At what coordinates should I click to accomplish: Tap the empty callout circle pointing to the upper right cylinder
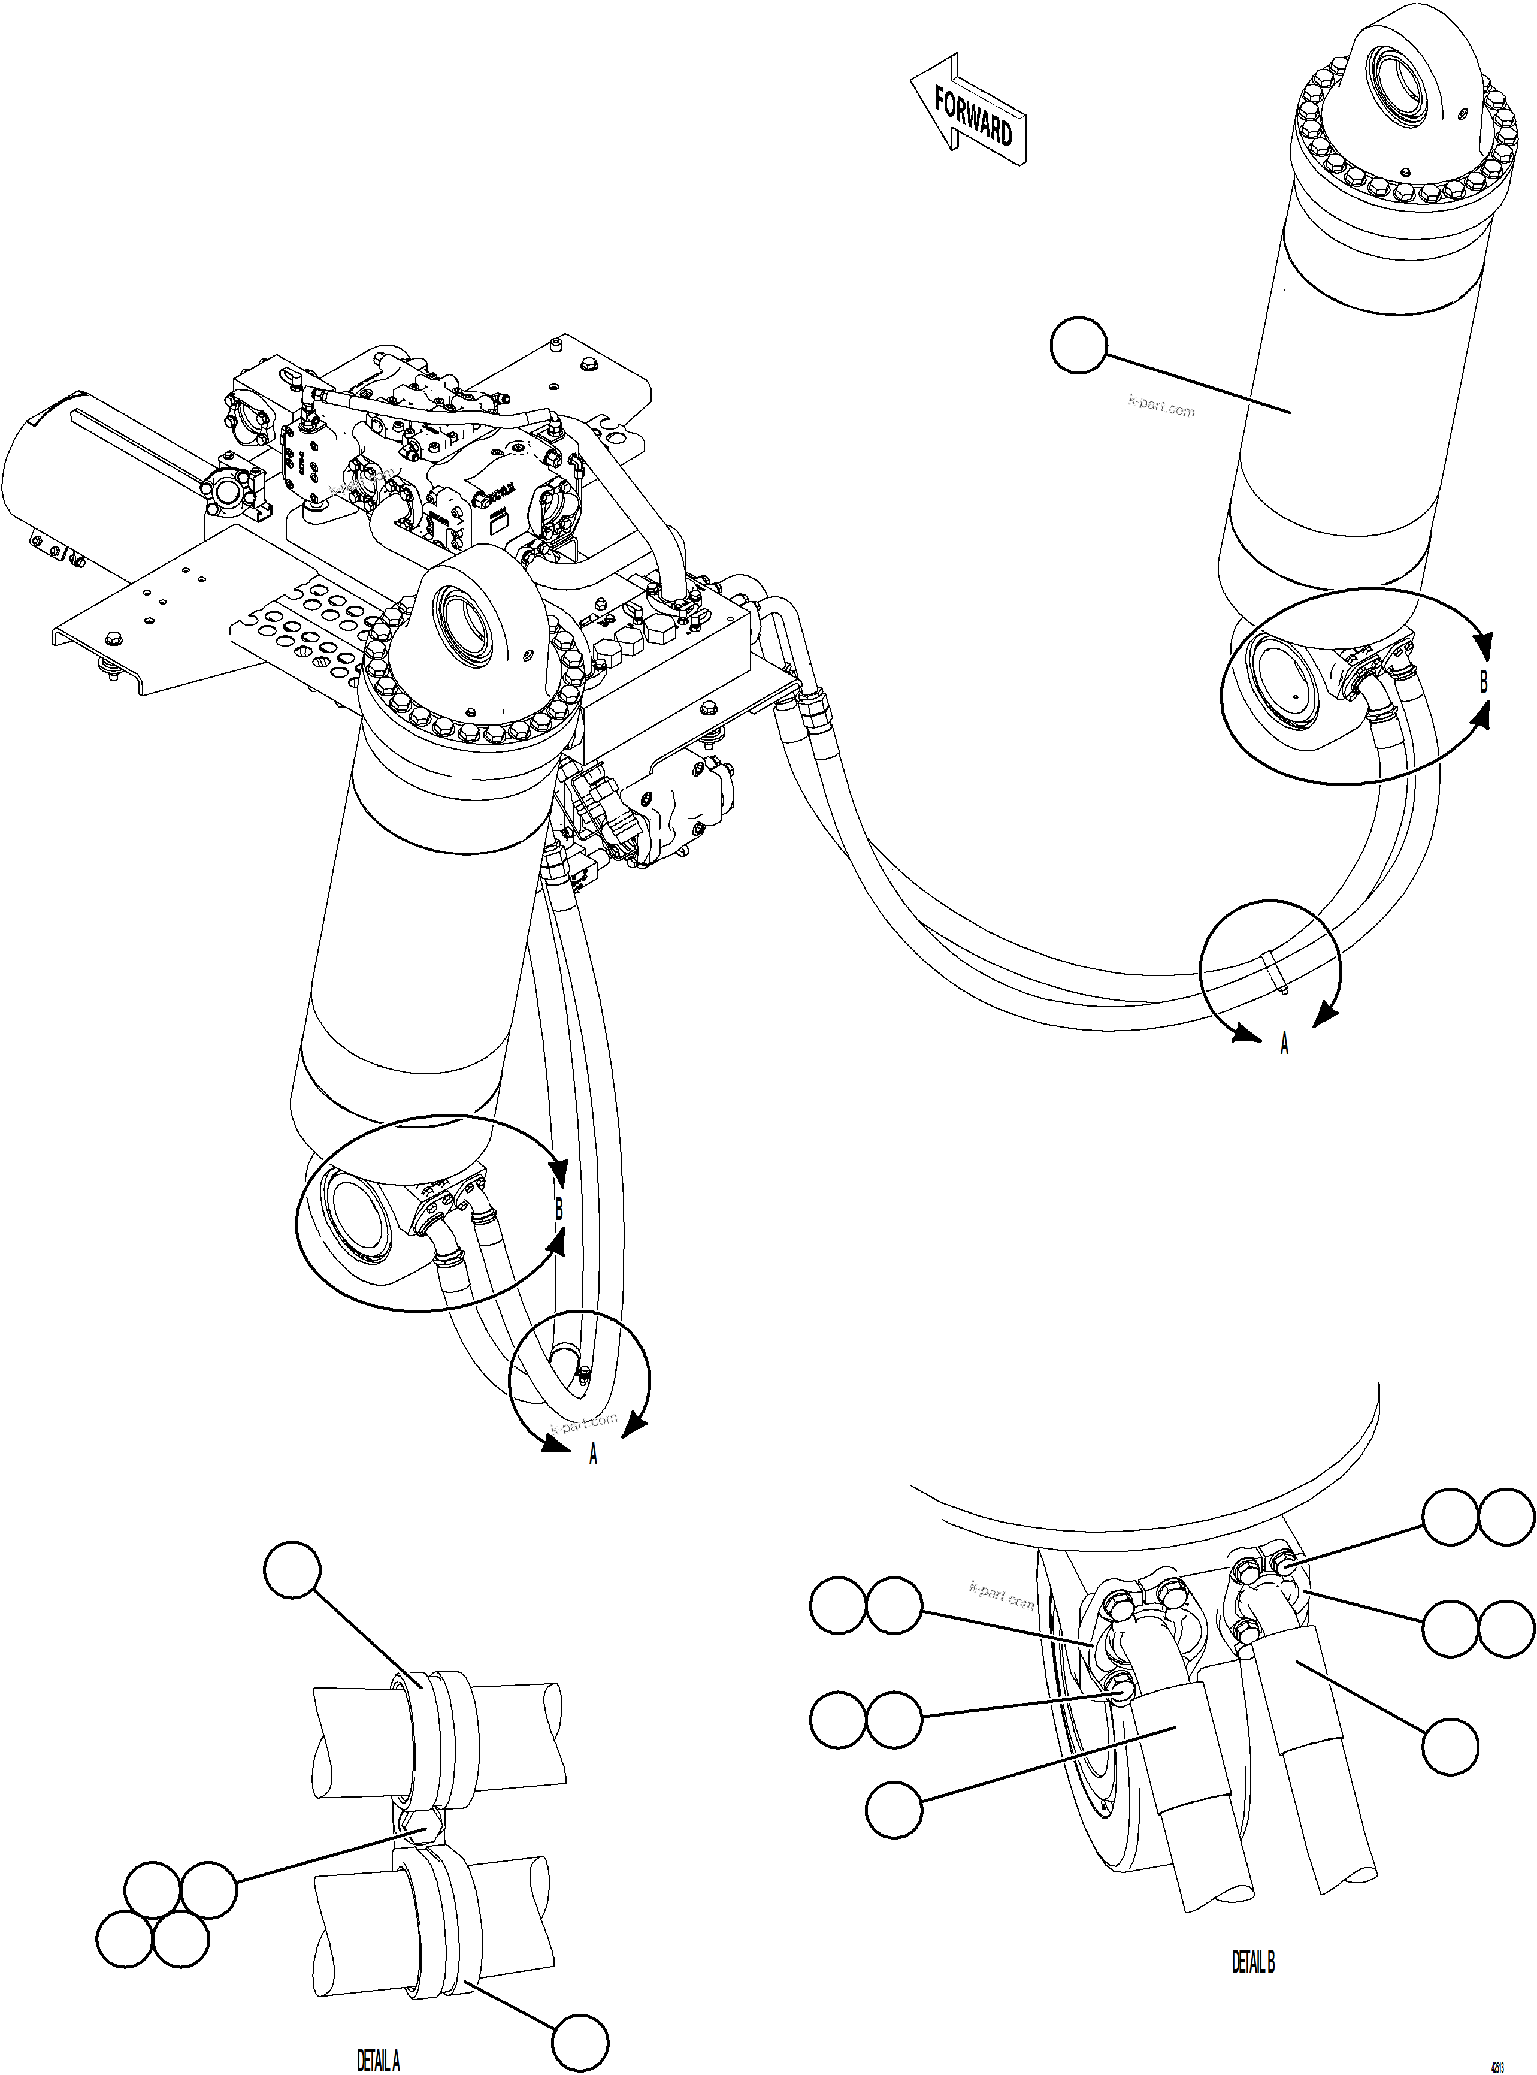coord(1078,346)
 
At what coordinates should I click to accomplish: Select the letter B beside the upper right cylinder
coord(1484,682)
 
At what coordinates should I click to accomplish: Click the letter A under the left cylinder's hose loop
coord(592,1454)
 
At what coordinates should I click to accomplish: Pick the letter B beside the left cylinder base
coord(559,1210)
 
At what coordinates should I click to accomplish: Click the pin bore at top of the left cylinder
coord(464,626)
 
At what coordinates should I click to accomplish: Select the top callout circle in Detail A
coord(292,1572)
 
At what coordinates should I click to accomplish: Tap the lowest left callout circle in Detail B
coord(894,1810)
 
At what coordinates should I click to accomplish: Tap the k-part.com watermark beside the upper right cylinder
coord(1161,407)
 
